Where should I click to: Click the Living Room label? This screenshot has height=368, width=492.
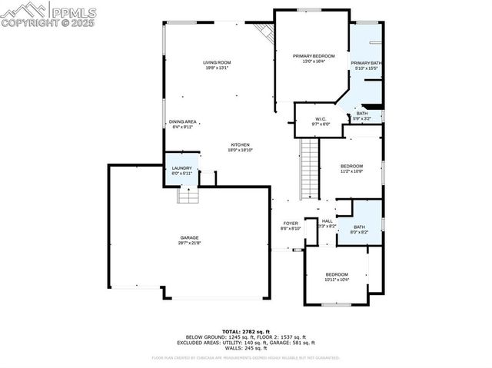coord(216,62)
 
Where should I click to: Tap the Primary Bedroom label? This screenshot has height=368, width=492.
coord(314,56)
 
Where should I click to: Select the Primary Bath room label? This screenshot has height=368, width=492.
coord(365,62)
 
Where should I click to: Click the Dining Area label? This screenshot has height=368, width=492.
coord(182,121)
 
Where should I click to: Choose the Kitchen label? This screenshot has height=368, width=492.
coord(241,145)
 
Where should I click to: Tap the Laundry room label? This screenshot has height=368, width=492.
coord(182,168)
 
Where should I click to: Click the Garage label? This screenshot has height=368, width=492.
coord(189,237)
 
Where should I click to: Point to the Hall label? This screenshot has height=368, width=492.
coord(327,220)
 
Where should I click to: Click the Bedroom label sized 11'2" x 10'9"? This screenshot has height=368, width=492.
coord(351,166)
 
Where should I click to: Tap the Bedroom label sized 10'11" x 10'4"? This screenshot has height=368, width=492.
coord(337,274)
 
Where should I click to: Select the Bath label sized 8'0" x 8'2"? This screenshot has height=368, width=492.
coord(359,227)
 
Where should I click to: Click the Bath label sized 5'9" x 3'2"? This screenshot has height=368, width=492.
coord(361,114)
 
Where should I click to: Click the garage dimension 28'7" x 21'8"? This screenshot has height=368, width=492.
coord(189,244)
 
